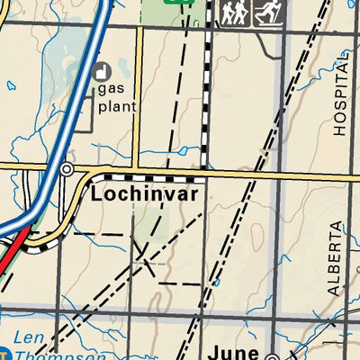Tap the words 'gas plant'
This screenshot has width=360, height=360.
pos(117,97)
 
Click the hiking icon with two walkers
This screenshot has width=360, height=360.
pos(234,13)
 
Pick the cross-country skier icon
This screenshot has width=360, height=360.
pos(267,13)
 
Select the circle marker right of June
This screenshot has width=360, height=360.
pos(270,354)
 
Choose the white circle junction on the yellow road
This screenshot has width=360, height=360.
pos(66,168)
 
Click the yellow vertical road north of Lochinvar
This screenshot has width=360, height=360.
pos(138,99)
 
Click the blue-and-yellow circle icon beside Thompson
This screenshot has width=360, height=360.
pos(4,352)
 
